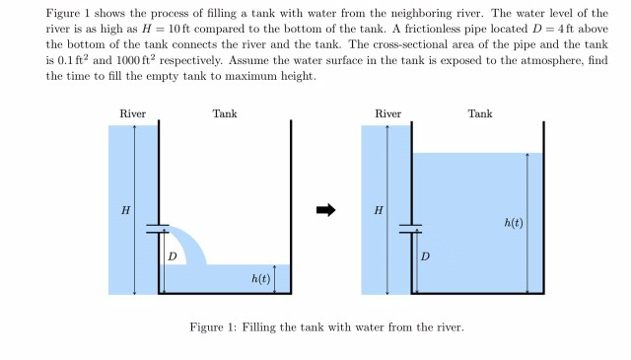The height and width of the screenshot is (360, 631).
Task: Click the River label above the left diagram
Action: tap(132, 114)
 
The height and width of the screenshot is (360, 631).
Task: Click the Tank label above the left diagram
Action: tap(225, 114)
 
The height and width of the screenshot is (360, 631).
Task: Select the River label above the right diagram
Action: tap(387, 114)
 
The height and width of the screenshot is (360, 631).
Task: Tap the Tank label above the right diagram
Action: tap(480, 114)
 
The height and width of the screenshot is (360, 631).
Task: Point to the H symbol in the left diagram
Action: tap(125, 210)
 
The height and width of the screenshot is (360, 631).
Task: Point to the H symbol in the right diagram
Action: tap(379, 210)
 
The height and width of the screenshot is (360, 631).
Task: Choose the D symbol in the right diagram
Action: tap(426, 256)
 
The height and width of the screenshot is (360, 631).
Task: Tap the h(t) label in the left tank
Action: tap(260, 280)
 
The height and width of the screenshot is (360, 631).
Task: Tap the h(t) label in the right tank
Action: tap(514, 223)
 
